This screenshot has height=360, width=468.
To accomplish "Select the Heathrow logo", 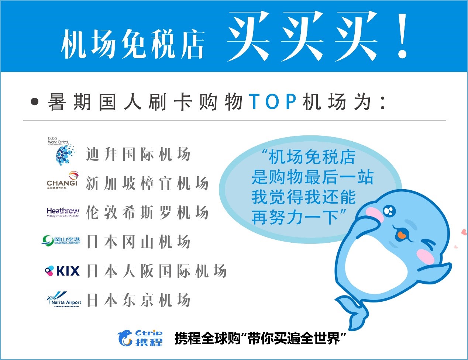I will (x=63, y=212).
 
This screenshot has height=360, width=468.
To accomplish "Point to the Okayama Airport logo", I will (x=61, y=241).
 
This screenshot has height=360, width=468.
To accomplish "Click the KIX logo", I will (x=62, y=271).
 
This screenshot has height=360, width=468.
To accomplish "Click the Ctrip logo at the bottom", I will (x=140, y=337).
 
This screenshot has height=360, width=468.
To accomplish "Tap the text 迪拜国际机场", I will (x=138, y=154).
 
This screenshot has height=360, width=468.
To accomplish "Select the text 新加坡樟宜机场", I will (x=147, y=183).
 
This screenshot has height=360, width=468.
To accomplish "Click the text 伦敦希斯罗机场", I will (x=147, y=213).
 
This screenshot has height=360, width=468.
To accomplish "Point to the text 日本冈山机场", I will (x=138, y=242).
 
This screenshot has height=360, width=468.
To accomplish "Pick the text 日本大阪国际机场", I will (x=156, y=271).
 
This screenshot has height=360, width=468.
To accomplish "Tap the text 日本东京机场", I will (x=138, y=300).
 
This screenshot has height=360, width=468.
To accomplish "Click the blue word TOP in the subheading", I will (x=273, y=101).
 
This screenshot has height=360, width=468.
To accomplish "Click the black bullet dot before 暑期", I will (x=35, y=101).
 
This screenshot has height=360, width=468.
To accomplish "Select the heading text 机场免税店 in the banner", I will (x=133, y=44).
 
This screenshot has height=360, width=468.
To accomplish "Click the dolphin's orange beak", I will (x=402, y=234).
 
